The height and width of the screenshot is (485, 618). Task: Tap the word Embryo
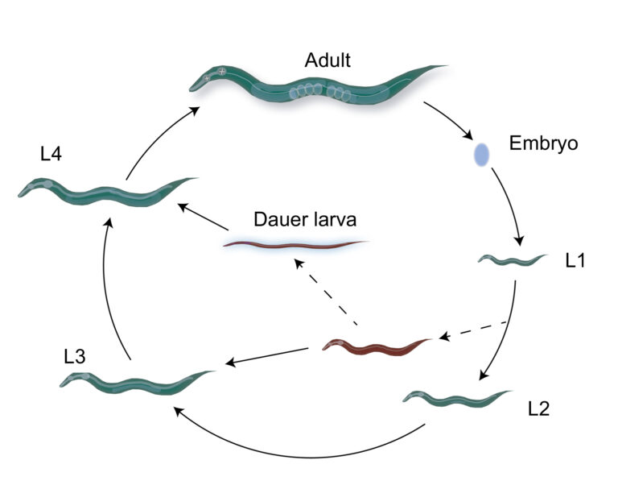click(x=544, y=144)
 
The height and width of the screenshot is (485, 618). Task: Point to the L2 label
click(x=539, y=408)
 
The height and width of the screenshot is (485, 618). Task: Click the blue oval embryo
click(x=481, y=155)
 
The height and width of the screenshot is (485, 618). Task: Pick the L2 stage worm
click(x=455, y=397)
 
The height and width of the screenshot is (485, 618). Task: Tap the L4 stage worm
click(x=105, y=192)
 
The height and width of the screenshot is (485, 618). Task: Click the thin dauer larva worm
click(x=296, y=243)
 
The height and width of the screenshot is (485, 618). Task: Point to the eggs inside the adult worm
click(x=318, y=91)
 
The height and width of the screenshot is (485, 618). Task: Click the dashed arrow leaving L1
click(x=470, y=331)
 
